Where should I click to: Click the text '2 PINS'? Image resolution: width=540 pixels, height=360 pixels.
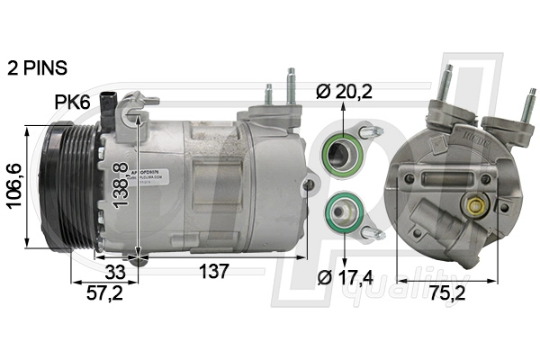click(x=38, y=67)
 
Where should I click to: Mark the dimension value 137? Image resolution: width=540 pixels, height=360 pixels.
click(x=212, y=271)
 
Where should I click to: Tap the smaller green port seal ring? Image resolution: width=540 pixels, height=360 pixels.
click(x=342, y=212)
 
